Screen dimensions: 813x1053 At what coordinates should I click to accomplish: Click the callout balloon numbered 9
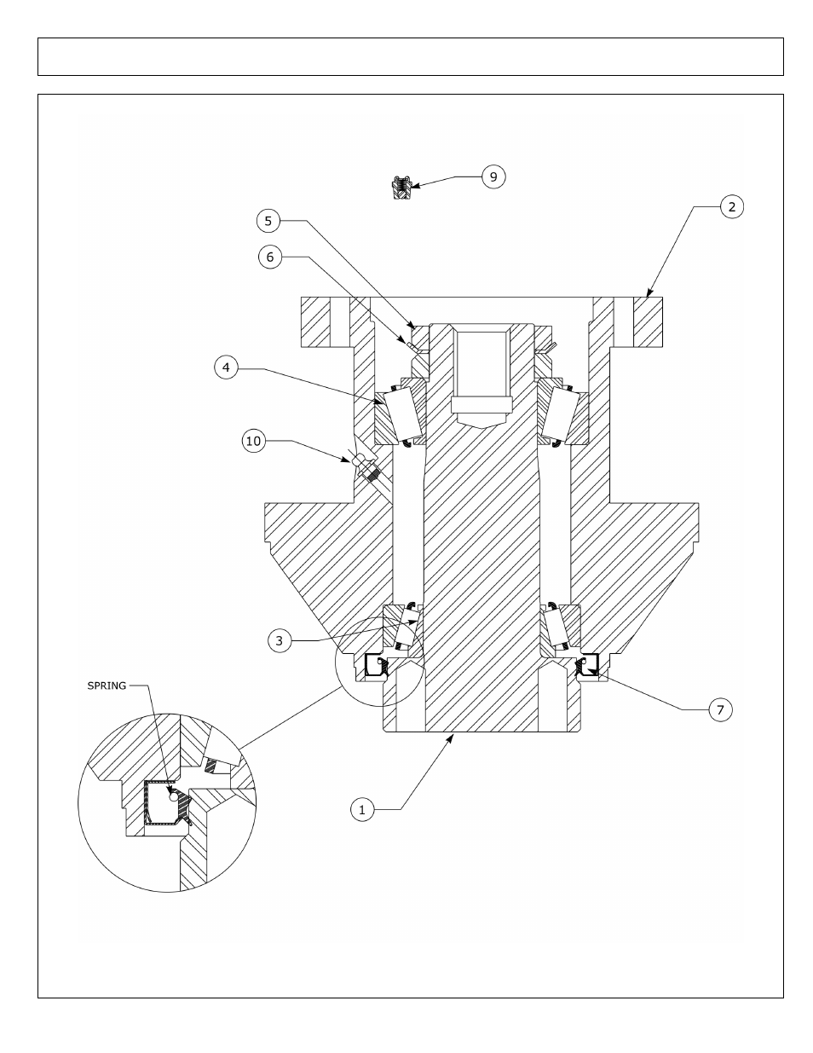[x=493, y=176]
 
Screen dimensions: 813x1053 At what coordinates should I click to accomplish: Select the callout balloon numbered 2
[x=732, y=207]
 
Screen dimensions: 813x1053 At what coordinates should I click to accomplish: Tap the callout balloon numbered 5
[x=268, y=221]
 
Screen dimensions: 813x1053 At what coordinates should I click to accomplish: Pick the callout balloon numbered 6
[x=270, y=257]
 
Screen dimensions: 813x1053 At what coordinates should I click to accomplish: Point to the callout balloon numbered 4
[x=226, y=367]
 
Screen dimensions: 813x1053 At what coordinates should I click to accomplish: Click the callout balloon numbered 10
[x=254, y=441]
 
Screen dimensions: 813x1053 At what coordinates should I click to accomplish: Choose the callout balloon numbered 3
[x=280, y=640]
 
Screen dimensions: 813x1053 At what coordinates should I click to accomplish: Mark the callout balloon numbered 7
[x=720, y=710]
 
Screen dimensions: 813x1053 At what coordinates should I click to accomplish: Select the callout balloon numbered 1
[x=362, y=809]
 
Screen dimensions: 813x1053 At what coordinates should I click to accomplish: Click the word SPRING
[x=107, y=686]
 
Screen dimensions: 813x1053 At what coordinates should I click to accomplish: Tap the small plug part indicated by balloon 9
[x=401, y=188]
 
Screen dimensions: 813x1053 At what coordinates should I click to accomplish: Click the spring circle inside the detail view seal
[x=172, y=796]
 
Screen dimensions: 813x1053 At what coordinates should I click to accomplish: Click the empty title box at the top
[x=411, y=56]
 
